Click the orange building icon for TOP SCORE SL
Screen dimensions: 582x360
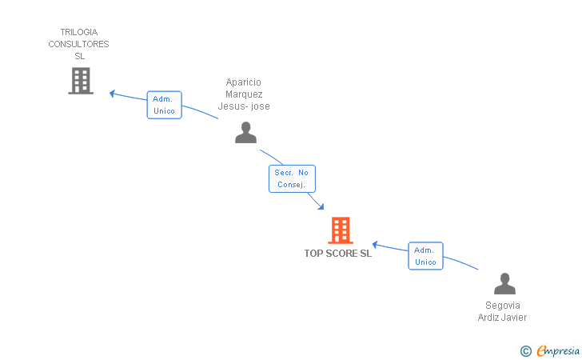341,230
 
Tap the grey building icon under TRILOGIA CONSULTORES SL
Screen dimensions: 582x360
81,81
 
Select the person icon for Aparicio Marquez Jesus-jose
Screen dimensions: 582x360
245,133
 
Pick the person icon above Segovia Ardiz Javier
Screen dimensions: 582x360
504,283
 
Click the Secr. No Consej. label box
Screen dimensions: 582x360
292,178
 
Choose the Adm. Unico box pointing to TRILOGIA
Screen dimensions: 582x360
165,105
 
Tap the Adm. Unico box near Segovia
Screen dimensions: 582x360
426,256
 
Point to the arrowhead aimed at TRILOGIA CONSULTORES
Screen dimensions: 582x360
112,94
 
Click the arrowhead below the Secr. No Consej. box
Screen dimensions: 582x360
321,206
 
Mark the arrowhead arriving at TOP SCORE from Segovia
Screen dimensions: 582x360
375,245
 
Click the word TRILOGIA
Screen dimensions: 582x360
79,32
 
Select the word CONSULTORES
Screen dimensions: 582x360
78,44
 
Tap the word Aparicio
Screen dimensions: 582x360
244,82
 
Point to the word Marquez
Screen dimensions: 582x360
244,94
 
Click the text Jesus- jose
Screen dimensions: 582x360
244,106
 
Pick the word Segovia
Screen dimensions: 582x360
503,306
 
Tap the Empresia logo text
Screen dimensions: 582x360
558,351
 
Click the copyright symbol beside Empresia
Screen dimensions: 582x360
526,351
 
